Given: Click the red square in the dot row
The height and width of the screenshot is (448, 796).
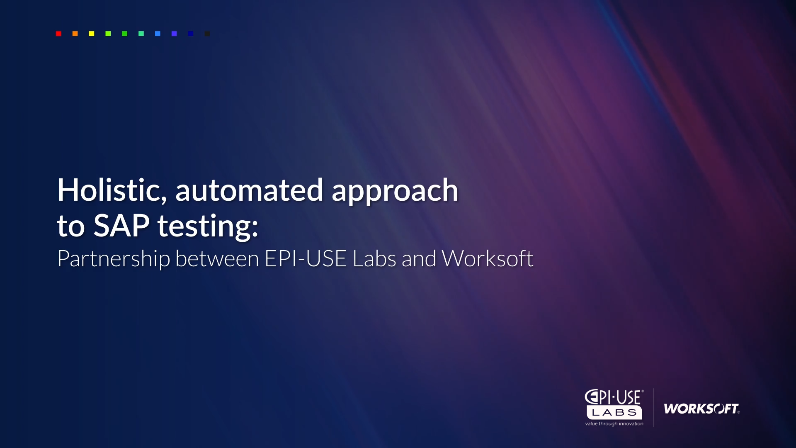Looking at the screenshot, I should tap(58, 34).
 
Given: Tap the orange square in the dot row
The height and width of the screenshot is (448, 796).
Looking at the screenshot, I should tap(75, 34).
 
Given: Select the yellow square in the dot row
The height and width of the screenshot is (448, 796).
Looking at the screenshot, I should tap(92, 34).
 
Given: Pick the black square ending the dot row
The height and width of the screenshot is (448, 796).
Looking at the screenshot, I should tap(207, 34).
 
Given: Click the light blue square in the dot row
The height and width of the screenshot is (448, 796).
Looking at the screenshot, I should tap(158, 34).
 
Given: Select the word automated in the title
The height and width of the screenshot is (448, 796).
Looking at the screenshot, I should tap(249, 190).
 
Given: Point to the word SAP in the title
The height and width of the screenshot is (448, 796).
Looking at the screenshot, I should tap(121, 226).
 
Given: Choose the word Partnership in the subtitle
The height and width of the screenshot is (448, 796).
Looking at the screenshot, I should tap(114, 259).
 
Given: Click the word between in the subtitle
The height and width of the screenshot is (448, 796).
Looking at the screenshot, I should tap(217, 258).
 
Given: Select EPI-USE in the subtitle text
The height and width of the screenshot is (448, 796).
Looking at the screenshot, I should tap(306, 258).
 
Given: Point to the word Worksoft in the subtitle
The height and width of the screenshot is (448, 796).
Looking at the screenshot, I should tap(488, 258).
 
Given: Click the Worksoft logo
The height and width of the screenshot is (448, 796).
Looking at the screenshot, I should tap(701, 409).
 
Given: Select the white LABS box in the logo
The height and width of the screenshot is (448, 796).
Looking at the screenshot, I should tap(614, 413).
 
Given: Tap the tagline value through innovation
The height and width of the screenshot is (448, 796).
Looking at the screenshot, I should tap(614, 424).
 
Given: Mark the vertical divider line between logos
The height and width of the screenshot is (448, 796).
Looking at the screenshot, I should tap(654, 407).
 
